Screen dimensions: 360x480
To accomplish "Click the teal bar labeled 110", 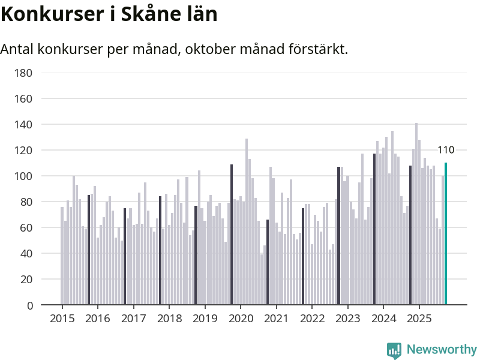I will click(446, 234).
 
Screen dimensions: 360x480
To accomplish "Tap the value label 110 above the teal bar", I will click(446, 151).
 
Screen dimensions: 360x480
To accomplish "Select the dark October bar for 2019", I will click(232, 235).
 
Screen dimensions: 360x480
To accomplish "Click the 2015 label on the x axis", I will click(62, 318).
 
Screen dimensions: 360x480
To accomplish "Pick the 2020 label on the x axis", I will click(241, 318).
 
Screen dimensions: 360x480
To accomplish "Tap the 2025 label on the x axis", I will click(419, 318).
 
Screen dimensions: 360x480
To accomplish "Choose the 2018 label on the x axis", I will click(169, 318).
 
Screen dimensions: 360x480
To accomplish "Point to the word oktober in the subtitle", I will click(210, 49).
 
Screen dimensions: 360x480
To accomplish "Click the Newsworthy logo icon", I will click(394, 350).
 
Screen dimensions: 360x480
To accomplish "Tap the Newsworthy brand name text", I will click(442, 350).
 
